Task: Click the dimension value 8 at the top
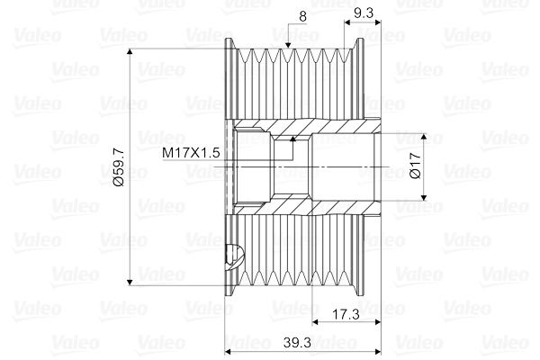point(302,15)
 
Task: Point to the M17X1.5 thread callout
point(191,154)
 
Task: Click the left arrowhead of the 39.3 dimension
point(229,352)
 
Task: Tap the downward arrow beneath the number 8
point(288,42)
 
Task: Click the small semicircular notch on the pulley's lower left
point(235,256)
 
